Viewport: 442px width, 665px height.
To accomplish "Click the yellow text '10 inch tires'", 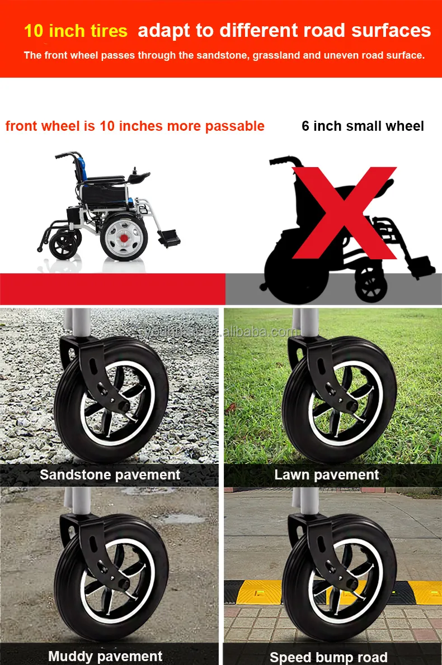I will tap(76, 31).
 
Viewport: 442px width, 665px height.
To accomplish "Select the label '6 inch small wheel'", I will tap(363, 126).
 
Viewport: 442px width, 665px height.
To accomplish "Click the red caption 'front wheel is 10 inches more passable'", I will tap(135, 126).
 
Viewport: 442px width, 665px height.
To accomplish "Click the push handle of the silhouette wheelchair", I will tap(280, 162).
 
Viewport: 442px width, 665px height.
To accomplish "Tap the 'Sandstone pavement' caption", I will tap(110, 475).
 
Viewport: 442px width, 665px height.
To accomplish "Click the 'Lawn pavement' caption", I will tap(327, 475).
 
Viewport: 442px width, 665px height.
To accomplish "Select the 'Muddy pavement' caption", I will tap(105, 655).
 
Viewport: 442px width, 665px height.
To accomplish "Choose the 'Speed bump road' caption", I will tap(328, 657).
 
